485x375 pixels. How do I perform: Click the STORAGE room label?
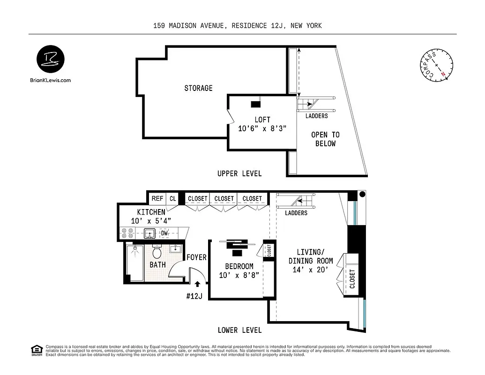pos(198,88)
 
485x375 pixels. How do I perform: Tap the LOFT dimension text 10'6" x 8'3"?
pos(262,129)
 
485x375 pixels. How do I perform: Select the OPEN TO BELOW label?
pos(325,139)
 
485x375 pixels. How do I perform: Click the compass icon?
pos(436,65)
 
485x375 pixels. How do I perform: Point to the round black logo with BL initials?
pos(51,60)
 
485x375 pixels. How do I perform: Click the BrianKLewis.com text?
pos(50,80)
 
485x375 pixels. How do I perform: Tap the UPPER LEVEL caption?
pos(239,173)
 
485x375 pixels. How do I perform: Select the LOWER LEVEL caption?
pos(239,330)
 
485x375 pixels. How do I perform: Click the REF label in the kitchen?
pos(157,199)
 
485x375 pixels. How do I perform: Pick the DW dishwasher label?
pos(164,233)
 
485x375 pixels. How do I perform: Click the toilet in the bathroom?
pos(157,253)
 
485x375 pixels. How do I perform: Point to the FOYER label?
pos(196,257)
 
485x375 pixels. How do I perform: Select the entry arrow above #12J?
pos(197,284)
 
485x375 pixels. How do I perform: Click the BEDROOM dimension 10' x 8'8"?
pos(239,276)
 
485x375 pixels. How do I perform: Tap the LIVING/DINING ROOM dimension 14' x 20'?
pos(311,270)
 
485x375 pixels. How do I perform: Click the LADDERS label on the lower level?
pos(296,213)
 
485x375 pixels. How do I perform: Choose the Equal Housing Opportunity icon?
pos(36,350)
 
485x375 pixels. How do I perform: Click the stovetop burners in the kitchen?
pos(127,233)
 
